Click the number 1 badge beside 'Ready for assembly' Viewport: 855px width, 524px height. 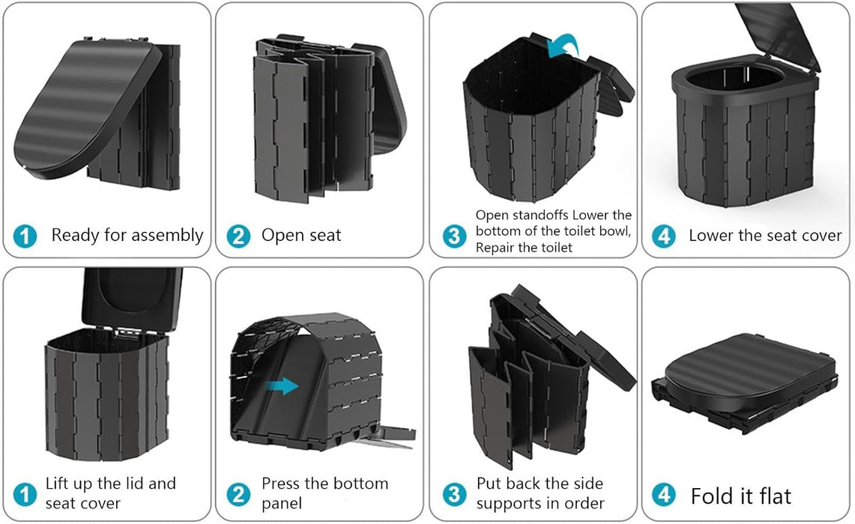click(x=25, y=237)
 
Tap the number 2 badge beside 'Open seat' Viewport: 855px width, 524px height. click(x=238, y=237)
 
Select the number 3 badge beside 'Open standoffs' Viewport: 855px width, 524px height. click(x=453, y=237)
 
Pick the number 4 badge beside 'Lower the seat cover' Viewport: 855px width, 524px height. click(x=663, y=237)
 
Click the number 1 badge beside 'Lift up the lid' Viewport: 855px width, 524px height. click(x=25, y=494)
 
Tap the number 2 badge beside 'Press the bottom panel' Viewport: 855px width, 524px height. click(x=238, y=494)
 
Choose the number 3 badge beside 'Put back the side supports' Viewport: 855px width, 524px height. click(x=453, y=494)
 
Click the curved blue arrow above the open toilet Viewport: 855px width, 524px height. click(x=566, y=46)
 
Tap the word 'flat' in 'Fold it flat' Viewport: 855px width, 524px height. click(x=772, y=496)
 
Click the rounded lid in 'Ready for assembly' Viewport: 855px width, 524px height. click(x=82, y=105)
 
